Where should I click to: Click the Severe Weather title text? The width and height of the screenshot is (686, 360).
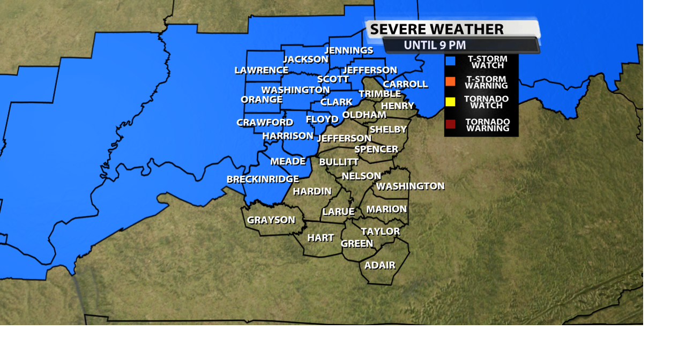point(437,29)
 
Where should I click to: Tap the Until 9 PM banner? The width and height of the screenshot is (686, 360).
point(435,46)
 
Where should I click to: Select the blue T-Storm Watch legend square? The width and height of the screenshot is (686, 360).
point(450,61)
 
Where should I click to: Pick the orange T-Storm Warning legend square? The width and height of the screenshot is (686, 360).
point(450,81)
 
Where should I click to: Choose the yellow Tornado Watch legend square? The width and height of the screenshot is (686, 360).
point(450,102)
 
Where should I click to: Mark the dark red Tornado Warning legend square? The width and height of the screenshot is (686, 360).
point(450,124)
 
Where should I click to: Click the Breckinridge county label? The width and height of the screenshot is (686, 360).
point(263,179)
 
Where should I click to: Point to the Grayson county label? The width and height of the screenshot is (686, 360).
point(271,220)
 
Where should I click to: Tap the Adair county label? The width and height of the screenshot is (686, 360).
point(379,265)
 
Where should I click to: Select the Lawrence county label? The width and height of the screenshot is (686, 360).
point(262,70)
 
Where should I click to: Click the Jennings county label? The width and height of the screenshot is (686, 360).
point(349,50)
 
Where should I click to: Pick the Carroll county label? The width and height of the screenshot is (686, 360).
point(405,84)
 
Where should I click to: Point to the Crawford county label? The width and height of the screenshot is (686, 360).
point(265,123)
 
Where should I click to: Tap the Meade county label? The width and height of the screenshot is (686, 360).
point(288,161)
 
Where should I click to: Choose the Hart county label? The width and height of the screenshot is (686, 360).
point(320,238)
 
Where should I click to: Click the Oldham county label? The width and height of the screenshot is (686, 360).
point(364,115)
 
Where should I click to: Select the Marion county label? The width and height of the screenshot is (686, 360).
point(386,209)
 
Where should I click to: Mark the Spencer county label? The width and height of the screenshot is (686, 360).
point(376,149)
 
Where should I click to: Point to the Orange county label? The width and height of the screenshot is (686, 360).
point(262,100)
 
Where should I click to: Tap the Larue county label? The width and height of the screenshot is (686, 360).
point(338,212)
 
